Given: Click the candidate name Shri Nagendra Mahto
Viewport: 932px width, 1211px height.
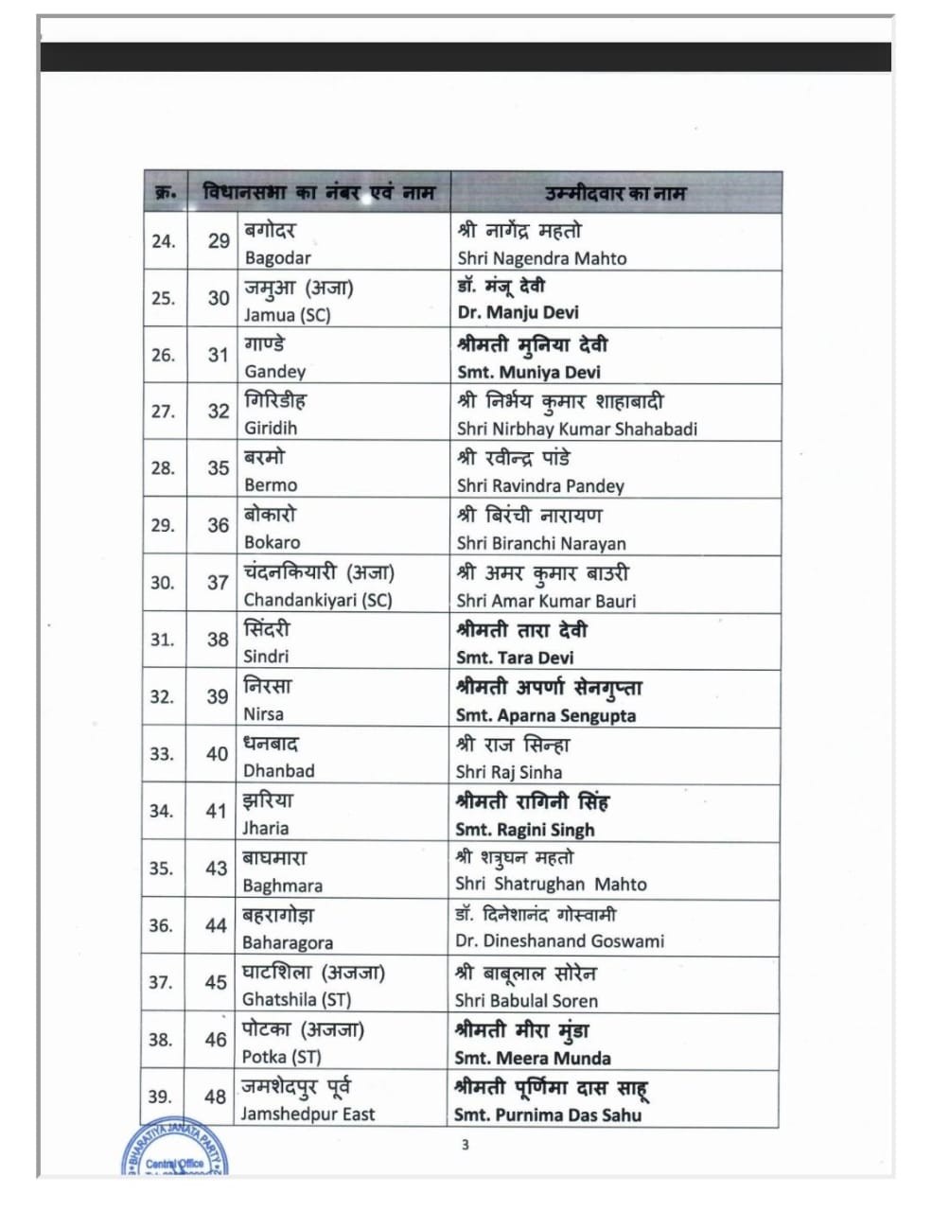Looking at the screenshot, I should tap(541, 258).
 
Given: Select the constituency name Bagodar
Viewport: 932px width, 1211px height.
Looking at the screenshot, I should tap(277, 257).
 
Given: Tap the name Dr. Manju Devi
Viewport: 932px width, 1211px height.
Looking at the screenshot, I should tap(518, 312).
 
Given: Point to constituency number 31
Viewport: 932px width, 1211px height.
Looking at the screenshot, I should tap(219, 355).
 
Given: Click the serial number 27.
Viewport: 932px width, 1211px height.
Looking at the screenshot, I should tap(163, 412).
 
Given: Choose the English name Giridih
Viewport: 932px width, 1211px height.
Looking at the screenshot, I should tap(271, 428).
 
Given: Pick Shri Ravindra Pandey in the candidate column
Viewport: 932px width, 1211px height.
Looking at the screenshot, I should tap(540, 485).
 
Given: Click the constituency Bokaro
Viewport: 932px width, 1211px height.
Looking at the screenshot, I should tap(272, 542).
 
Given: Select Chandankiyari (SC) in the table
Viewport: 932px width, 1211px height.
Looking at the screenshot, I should tap(317, 600).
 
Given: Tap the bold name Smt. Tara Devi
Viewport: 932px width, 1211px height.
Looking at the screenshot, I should tap(515, 658).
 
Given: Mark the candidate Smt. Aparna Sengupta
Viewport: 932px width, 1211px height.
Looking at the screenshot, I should tap(546, 715).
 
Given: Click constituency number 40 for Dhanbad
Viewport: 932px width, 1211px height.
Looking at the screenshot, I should tap(217, 754).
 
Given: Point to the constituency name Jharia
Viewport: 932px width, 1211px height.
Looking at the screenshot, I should tap(266, 828).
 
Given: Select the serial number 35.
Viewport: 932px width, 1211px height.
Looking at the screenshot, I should tap(161, 868).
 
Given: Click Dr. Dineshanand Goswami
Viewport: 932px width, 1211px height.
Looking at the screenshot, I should tap(559, 941).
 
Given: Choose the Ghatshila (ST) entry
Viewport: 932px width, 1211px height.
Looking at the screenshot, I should tap(296, 999).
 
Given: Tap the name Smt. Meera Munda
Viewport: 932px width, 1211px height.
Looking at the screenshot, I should tap(532, 1058).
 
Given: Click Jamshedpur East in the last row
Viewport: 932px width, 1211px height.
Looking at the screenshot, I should tap(308, 1114).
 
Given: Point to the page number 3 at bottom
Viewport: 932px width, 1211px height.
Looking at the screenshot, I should tap(465, 1146).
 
